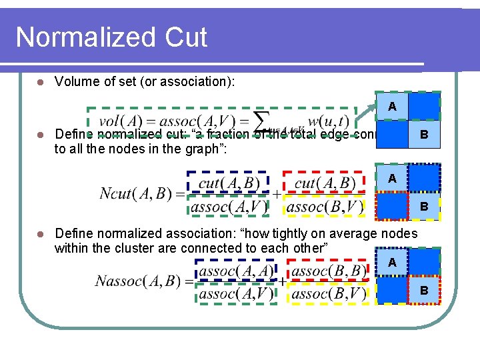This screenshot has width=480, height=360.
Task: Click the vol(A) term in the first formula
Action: pos(123,121)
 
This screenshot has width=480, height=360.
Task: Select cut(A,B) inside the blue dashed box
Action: pos(229,182)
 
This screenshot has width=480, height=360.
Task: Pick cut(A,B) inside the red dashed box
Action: pos(325,182)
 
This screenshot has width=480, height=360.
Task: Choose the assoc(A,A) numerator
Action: pos(236,271)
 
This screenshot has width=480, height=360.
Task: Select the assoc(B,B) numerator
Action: pos(328,271)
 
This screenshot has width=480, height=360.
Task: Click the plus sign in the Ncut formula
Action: pos(276,195)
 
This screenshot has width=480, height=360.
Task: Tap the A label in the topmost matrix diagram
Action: pos(392,107)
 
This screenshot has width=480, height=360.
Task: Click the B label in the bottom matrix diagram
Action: pos(423,291)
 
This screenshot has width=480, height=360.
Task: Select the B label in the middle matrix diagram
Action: pos(423,207)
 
